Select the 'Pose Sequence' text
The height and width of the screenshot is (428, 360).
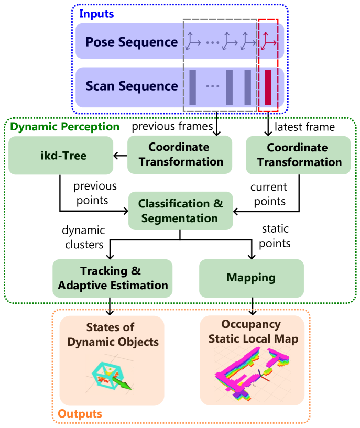[x=132, y=42]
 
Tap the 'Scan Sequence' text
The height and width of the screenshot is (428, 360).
[x=132, y=86]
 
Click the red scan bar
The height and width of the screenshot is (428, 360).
[x=268, y=87]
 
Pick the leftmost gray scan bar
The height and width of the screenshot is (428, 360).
[x=192, y=87]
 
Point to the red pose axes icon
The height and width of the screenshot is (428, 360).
[x=268, y=40]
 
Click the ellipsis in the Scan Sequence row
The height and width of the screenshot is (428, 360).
[x=212, y=86]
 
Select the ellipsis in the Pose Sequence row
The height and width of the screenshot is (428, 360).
[x=212, y=42]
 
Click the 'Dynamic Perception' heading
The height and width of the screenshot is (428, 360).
[x=65, y=127]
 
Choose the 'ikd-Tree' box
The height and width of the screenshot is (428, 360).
[x=61, y=156]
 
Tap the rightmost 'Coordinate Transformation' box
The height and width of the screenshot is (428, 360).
[x=298, y=155]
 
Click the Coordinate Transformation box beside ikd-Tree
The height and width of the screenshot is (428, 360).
[x=180, y=155]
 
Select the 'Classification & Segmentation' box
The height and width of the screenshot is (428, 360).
[x=180, y=211]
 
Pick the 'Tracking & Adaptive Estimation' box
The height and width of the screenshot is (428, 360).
[x=112, y=278]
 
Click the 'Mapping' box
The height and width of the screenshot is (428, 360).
[x=251, y=278]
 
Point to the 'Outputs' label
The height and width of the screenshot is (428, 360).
[x=80, y=414]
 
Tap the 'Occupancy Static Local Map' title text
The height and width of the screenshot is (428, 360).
[x=253, y=332]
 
